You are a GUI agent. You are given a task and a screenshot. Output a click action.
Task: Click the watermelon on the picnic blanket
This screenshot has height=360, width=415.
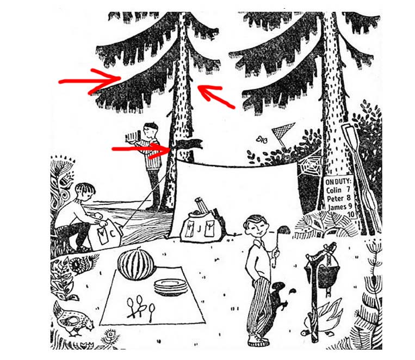pyautogui.click(x=136, y=263)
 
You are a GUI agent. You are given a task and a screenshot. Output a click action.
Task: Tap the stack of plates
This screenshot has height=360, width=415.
pyautogui.click(x=171, y=288)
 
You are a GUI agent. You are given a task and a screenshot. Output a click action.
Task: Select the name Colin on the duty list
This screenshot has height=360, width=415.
pyautogui.click(x=333, y=190)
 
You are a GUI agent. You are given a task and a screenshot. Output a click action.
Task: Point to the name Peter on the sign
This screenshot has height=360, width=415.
pyautogui.click(x=335, y=198)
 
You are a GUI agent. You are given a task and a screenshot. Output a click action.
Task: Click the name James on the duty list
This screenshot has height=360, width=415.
pyautogui.click(x=337, y=207)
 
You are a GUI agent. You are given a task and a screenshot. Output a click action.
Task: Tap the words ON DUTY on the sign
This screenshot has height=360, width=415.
pyautogui.click(x=338, y=182)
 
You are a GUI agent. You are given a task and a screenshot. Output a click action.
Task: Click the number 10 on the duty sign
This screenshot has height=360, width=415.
pyautogui.click(x=351, y=214)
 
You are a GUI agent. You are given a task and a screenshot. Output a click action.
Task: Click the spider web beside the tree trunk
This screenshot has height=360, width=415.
pyautogui.click(x=309, y=165)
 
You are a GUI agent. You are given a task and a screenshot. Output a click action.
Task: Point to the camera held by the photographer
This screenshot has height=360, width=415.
pyautogui.click(x=133, y=136)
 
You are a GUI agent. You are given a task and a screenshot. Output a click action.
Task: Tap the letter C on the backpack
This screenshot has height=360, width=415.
pyautogui.click(x=113, y=234)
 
